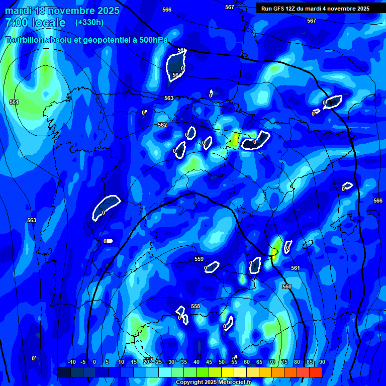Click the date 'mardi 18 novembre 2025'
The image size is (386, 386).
pos(62,11)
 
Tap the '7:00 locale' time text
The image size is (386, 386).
pos(35,23)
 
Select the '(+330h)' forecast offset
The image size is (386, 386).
pos(89,23)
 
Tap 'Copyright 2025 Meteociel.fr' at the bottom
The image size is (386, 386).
pos(213,382)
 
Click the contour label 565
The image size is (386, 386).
pos(182,50)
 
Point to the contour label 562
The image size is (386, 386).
pos(162,125)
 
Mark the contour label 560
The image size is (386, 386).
pos(287,286)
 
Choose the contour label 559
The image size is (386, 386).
pos(199,259)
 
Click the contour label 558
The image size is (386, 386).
pos(196,306)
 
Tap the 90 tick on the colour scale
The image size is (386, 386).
pos(322,362)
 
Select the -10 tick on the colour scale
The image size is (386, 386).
pos(72,362)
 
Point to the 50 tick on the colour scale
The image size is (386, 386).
pos(222,362)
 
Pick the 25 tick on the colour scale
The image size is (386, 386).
pos(159,362)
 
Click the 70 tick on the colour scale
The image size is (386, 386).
pos(272,362)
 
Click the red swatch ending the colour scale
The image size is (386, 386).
pos(316,372)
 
